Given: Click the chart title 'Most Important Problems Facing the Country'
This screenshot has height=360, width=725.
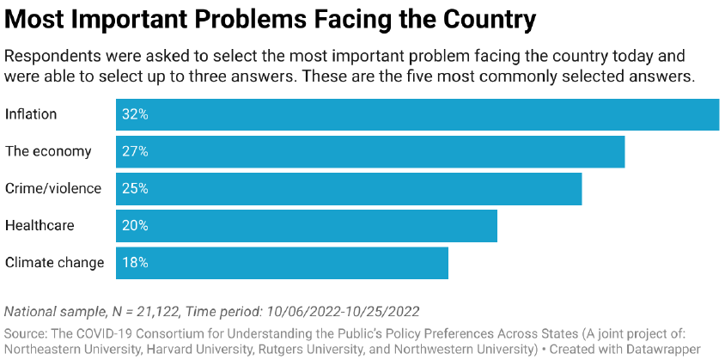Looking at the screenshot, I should coord(271,19).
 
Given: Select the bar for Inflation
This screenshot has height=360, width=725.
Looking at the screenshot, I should coord(417,115).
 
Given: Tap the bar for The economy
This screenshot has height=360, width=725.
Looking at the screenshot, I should coord(370,152).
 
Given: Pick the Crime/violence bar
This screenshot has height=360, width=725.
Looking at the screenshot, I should coord(349,189).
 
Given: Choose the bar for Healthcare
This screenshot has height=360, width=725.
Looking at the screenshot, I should coord(307,226).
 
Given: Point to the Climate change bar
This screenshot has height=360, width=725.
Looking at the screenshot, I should coord(282,263).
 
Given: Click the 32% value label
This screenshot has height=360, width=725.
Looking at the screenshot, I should coord(135,115).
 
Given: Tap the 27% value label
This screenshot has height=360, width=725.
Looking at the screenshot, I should coord(135,152).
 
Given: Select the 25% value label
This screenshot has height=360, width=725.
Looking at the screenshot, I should coord(135,189).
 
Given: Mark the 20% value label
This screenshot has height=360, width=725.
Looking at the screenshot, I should coord(135,226).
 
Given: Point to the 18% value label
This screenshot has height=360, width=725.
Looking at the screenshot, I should coord(135,263).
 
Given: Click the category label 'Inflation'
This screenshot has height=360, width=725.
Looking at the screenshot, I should coord(31,115).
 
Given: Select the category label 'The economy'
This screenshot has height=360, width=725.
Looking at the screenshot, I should coord(48,152).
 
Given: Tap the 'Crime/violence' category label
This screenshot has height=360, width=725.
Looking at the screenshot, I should coord(53,189).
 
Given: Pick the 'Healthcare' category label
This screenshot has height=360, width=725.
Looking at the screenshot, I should coord(40,226).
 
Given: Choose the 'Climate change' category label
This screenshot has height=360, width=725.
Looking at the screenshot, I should coord(55,263).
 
